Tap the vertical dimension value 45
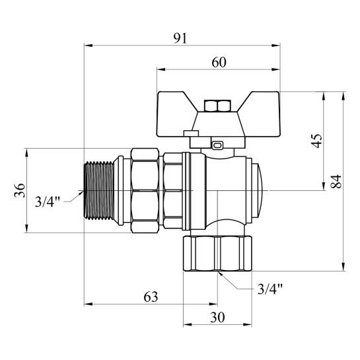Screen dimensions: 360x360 [317, 141]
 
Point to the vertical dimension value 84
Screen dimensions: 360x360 [336, 182]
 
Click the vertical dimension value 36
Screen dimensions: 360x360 [20, 191]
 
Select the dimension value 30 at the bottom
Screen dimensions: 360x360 [217, 317]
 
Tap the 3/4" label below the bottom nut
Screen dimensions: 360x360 [270, 289]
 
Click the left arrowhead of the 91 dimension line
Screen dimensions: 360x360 [87, 46]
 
